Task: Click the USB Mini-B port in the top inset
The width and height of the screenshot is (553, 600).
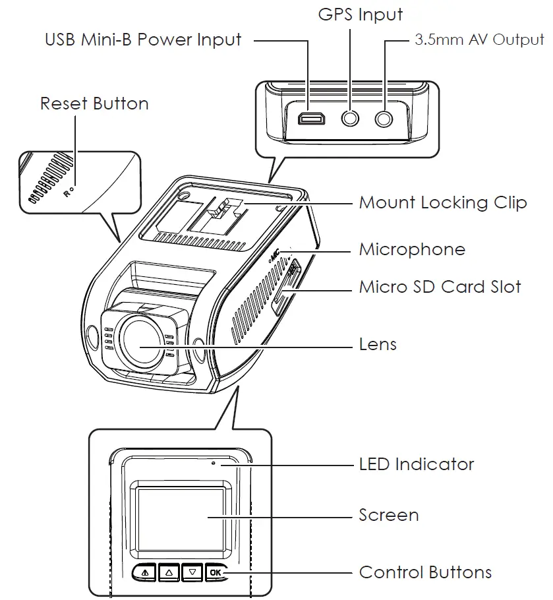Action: pyautogui.click(x=308, y=119)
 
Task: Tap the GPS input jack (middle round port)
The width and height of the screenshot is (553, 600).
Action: pyautogui.click(x=351, y=119)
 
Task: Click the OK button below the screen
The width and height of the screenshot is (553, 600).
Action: pyautogui.click(x=216, y=572)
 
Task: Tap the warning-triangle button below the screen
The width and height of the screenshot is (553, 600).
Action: pyautogui.click(x=145, y=572)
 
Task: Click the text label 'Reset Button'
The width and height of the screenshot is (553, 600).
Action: pyautogui.click(x=94, y=104)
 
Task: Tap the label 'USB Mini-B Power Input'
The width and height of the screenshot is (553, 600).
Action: pyautogui.click(x=143, y=39)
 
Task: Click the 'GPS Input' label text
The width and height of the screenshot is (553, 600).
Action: pyautogui.click(x=360, y=15)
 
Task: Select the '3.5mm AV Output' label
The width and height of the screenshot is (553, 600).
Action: pyautogui.click(x=479, y=40)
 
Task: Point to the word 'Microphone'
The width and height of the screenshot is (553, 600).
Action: pyautogui.click(x=412, y=250)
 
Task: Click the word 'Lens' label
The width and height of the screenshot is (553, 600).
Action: pyautogui.click(x=378, y=344)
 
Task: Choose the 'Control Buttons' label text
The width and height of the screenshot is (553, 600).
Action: pyautogui.click(x=425, y=572)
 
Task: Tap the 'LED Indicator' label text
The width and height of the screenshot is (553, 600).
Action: pyautogui.click(x=417, y=464)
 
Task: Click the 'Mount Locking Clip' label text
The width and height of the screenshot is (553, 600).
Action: pyautogui.click(x=443, y=202)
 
